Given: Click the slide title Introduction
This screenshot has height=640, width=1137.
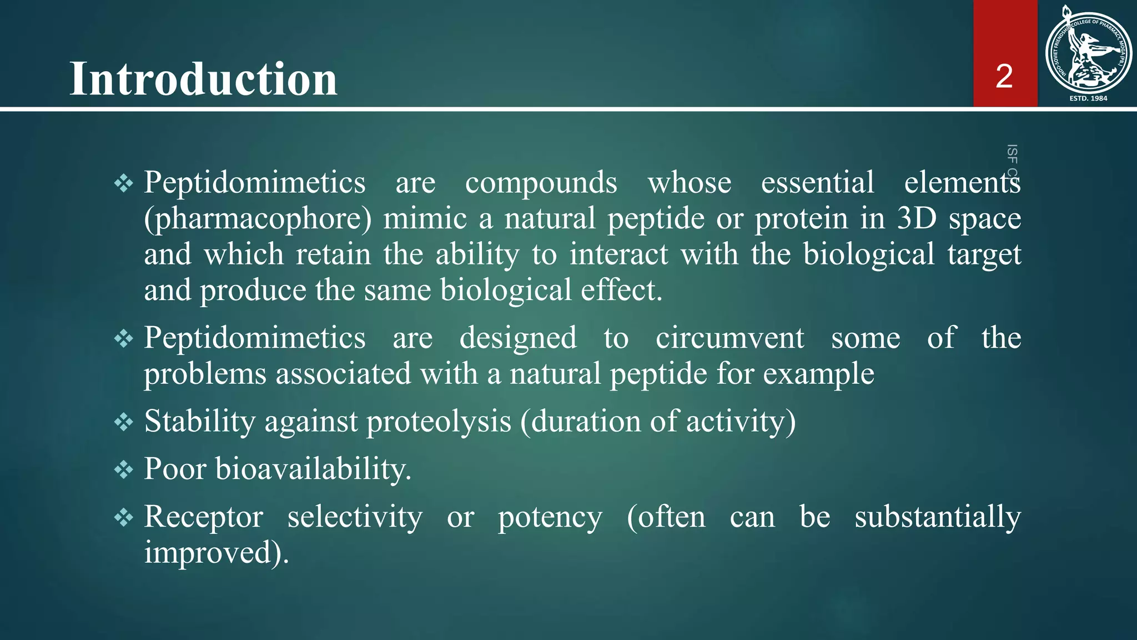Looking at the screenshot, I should click(x=203, y=79).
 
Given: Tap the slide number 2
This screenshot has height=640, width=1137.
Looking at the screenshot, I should click(x=1004, y=76).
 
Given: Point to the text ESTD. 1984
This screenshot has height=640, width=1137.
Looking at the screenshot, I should click(x=1088, y=98).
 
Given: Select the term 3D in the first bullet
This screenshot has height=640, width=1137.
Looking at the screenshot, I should click(x=917, y=218).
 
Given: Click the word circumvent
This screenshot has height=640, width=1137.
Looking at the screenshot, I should click(x=730, y=338).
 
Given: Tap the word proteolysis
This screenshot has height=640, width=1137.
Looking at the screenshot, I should click(x=439, y=421).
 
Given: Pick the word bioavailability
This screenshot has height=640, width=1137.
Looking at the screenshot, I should click(x=313, y=469).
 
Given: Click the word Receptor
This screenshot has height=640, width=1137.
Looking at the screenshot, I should click(x=203, y=517).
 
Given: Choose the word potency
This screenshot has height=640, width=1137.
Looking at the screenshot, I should click(x=550, y=518).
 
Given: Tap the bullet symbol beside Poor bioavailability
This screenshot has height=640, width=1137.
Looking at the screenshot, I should click(x=123, y=470).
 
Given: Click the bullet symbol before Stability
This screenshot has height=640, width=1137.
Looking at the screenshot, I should click(x=123, y=422).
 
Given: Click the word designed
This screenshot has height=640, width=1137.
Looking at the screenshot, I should click(x=518, y=338).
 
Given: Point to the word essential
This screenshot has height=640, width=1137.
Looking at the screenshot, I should click(x=817, y=182).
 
